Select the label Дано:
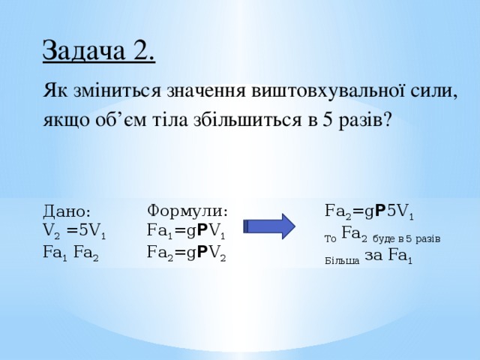pos(67,212)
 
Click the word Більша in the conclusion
pos(341,261)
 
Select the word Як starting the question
pos(57,91)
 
